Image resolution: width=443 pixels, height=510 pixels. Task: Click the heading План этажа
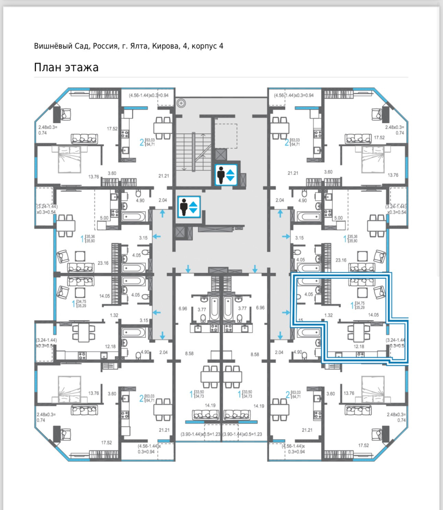[x=66, y=67]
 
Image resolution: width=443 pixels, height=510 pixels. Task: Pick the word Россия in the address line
[x=105, y=46]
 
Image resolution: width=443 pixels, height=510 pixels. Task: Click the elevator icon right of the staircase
[x=226, y=175]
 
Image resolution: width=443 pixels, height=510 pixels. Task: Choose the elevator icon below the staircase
[x=189, y=207]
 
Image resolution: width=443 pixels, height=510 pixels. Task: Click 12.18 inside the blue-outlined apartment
[x=359, y=347]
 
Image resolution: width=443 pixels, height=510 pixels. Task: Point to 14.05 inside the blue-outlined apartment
[x=373, y=315]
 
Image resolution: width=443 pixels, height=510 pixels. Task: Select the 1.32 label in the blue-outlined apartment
[x=329, y=315]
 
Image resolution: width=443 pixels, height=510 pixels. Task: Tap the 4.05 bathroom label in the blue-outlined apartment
[x=309, y=294]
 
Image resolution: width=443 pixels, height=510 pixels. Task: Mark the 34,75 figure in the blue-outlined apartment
[x=360, y=303]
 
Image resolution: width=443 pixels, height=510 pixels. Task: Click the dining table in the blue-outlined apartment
[x=359, y=332]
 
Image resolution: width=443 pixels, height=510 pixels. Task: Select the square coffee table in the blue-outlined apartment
[x=362, y=293]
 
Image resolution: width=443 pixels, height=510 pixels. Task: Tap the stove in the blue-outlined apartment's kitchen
[x=360, y=354]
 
